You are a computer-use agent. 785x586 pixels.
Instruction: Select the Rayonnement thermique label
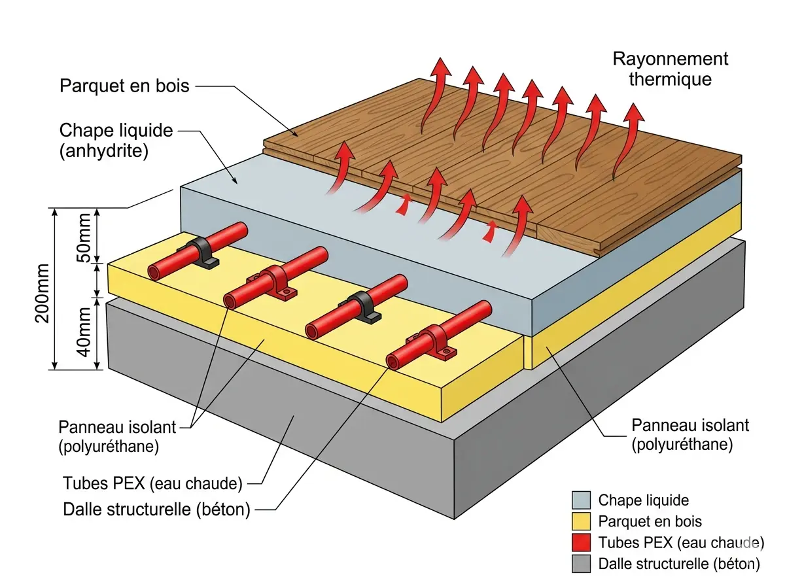670,69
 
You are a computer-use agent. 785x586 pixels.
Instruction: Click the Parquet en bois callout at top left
124,86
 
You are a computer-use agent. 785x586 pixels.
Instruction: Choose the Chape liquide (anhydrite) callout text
116,141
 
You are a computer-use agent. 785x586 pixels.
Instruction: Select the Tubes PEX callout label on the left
152,484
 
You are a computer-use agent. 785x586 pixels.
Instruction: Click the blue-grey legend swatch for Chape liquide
580,501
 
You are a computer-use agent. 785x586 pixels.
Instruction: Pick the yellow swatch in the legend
580,522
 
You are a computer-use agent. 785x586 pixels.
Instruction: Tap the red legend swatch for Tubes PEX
580,543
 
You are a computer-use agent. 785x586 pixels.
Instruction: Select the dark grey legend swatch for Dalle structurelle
580,564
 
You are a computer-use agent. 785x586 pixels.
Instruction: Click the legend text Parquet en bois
650,522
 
